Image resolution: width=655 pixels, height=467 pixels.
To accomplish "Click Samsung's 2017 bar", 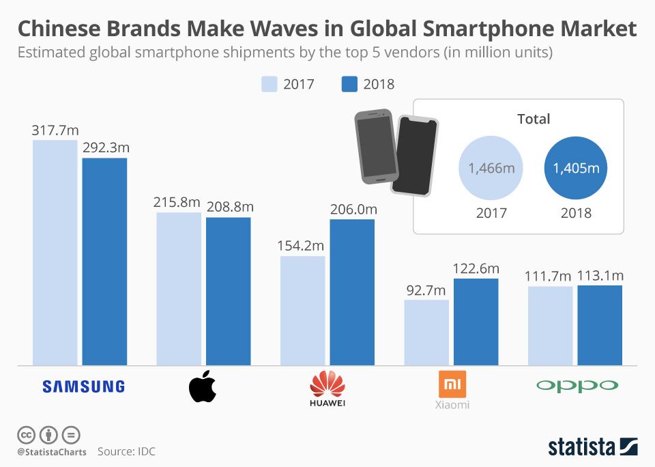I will point(55,253).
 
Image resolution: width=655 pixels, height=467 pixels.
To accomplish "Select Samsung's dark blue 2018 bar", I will point(104,261).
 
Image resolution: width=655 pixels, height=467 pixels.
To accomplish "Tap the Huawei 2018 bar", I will point(352,292).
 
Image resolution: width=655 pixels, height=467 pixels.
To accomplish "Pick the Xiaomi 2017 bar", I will point(426,332).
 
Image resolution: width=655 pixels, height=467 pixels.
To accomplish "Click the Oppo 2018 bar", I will point(600,325).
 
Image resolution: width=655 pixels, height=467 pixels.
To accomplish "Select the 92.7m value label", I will point(426,289).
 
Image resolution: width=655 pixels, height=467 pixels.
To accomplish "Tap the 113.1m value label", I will point(600,276).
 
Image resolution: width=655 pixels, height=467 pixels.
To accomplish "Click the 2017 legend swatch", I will point(269,84).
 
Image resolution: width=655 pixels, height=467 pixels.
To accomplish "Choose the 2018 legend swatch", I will point(349,84).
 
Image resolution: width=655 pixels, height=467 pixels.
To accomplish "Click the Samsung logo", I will point(83,386).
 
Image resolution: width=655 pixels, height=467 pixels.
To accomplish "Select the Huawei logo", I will point(327,387).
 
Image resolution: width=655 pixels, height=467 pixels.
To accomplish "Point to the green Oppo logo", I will point(577,386).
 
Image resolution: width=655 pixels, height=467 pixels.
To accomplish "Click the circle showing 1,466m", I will point(491,168).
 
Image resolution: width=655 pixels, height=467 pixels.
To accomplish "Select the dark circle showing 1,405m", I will point(576,168).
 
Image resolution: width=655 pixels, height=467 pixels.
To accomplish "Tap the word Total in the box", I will point(533,119).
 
